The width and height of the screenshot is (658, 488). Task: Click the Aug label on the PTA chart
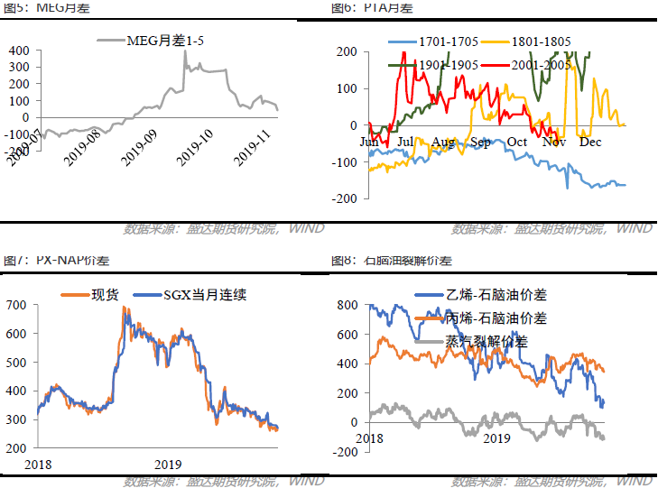pos(443,142)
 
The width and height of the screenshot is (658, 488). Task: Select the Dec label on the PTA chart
pos(590,142)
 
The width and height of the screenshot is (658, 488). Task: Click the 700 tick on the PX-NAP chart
pos(18,305)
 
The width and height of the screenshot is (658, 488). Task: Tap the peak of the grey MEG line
pos(185,51)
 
